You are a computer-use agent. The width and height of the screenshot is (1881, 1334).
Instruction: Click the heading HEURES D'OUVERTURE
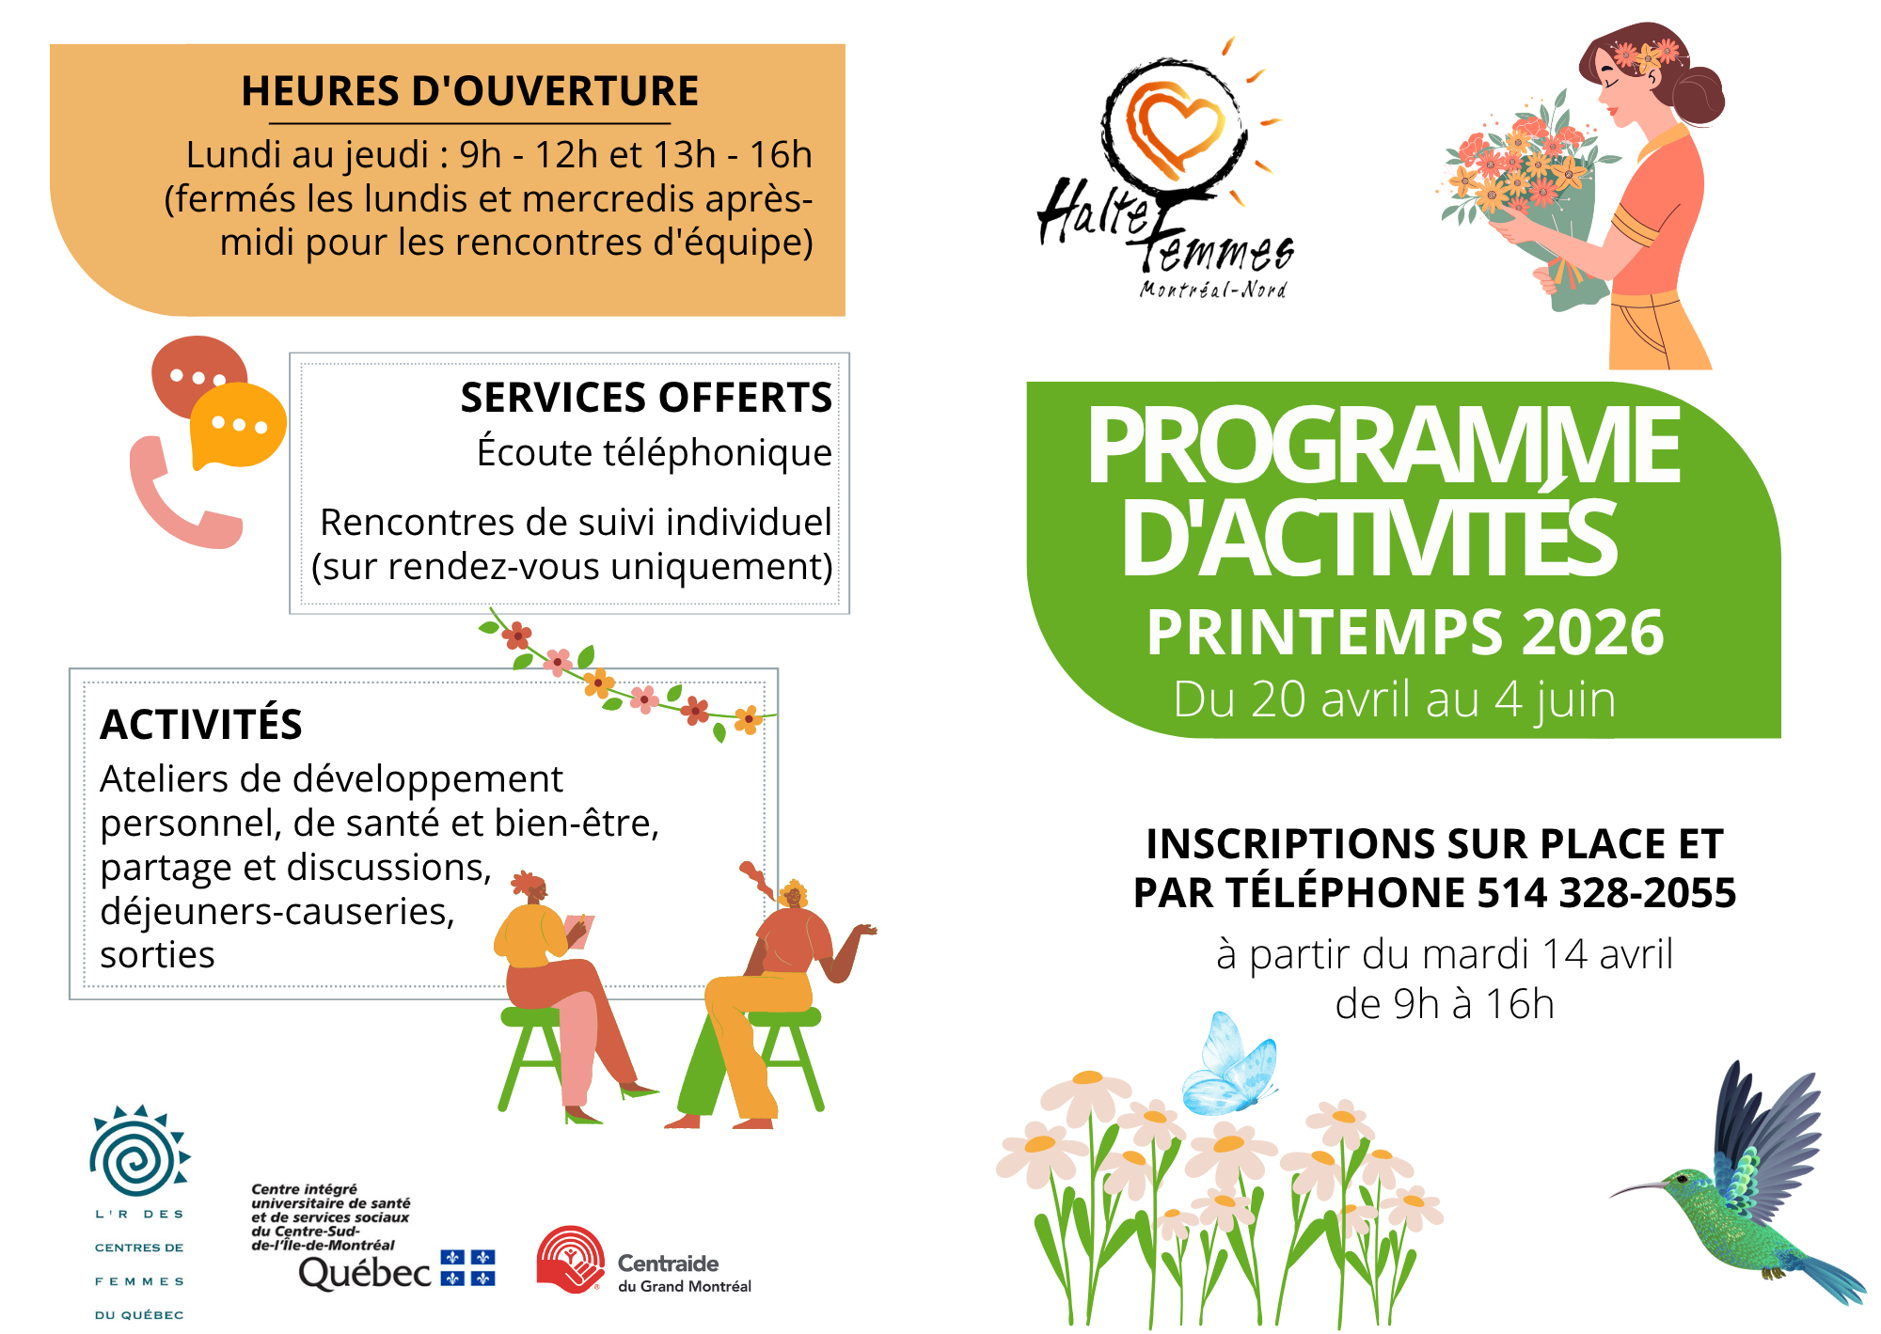point(469,91)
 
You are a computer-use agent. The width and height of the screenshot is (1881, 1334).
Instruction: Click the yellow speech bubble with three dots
point(238,426)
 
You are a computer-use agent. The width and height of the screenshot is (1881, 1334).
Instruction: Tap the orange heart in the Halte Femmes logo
point(1175,128)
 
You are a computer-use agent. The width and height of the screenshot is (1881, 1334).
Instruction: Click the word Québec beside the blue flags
point(365,1273)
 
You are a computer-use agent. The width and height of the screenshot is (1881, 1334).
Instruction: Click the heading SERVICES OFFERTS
point(646,398)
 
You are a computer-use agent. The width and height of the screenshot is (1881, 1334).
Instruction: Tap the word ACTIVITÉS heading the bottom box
point(201,725)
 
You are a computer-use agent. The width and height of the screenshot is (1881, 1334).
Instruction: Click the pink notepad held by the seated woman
point(579,931)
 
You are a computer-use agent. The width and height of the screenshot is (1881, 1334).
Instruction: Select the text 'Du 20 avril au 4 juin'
point(1395,699)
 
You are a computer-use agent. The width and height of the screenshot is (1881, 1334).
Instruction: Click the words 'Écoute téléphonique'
point(655,452)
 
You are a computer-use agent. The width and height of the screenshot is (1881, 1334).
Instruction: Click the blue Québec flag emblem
point(468,1268)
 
